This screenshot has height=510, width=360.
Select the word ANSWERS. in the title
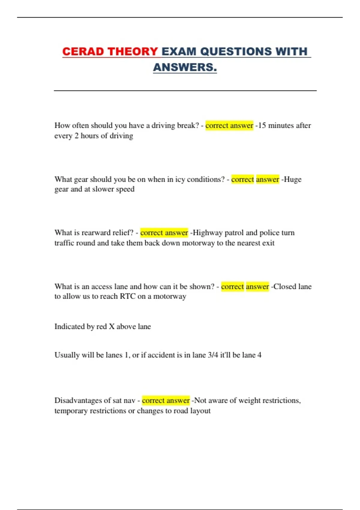pyautogui.click(x=185, y=67)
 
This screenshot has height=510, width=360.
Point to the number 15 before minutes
pyautogui.click(x=262, y=125)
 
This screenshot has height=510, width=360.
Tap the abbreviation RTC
pyautogui.click(x=127, y=296)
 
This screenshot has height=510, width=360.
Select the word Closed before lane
pyautogui.click(x=285, y=286)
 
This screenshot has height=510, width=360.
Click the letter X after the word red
pyautogui.click(x=112, y=326)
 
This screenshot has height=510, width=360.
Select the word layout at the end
pyautogui.click(x=200, y=411)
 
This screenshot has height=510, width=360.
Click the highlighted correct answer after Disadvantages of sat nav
pyautogui.click(x=166, y=400)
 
